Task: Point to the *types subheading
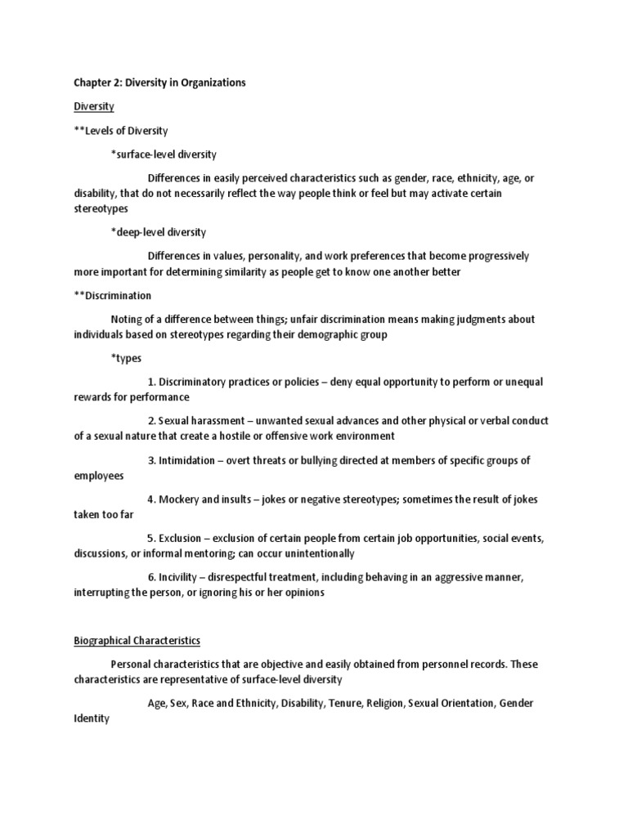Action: click(x=127, y=358)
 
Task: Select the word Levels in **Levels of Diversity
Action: click(x=100, y=130)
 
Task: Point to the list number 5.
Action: click(x=151, y=539)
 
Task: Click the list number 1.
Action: click(x=152, y=382)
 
